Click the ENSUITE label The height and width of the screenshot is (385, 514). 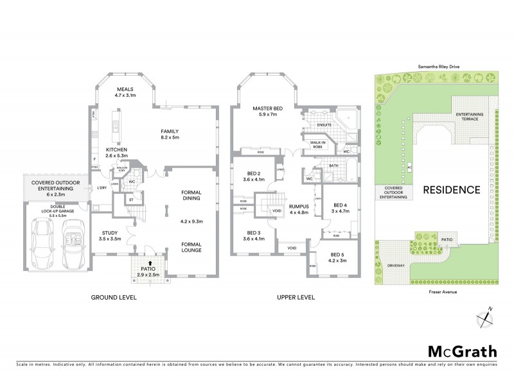click(323, 124)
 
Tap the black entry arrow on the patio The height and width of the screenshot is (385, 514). click(150, 262)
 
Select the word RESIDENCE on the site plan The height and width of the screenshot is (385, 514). click(451, 189)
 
